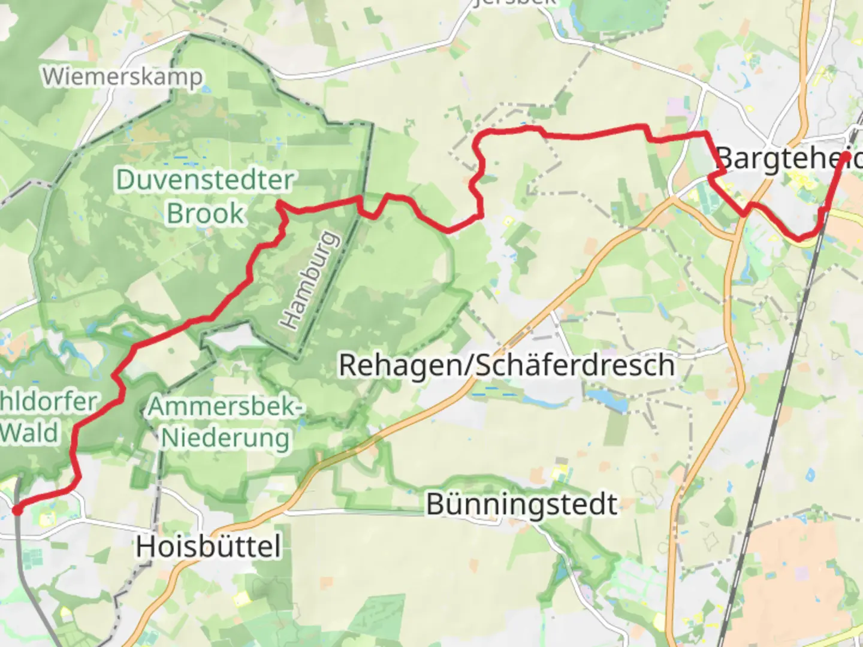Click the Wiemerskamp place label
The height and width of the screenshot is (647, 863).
point(122,77)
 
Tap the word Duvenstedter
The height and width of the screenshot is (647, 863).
point(204,180)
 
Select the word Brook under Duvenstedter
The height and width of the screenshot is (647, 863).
point(206,213)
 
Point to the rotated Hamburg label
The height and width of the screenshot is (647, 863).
point(309,280)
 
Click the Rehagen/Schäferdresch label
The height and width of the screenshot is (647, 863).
point(506,365)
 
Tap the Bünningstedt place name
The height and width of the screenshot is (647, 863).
point(521,504)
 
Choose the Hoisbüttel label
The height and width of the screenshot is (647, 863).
point(208,546)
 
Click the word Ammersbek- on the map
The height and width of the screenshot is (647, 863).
point(225,407)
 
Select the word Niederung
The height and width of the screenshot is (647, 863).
point(225,438)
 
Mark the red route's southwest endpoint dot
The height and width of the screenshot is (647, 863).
point(17,509)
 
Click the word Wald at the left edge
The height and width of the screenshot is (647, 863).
point(29,433)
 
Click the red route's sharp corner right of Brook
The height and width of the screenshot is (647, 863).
point(280,205)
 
